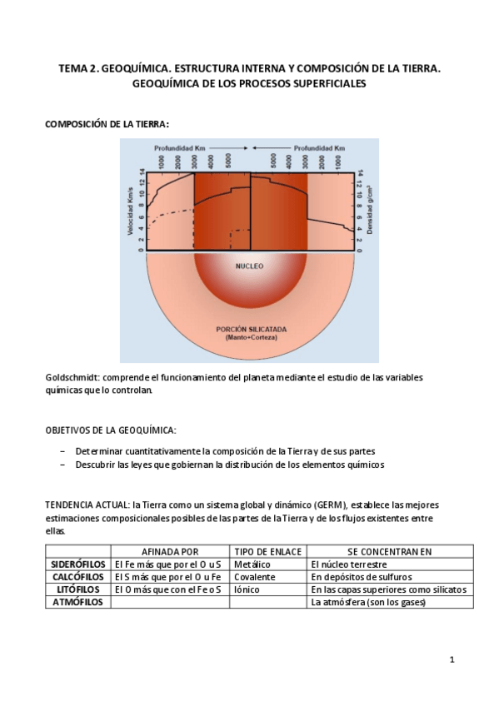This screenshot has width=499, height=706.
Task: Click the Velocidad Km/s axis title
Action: coord(131,211)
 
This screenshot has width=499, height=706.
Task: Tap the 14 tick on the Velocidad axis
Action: coord(142,173)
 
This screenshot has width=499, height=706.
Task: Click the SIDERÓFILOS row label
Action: coord(77,564)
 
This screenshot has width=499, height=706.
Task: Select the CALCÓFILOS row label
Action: coord(77,576)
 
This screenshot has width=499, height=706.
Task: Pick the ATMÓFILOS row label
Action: coord(77,602)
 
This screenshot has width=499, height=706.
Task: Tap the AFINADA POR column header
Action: coord(170,551)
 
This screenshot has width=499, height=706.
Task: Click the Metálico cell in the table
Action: coord(252,564)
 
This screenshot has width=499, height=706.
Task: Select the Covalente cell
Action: coord(255,576)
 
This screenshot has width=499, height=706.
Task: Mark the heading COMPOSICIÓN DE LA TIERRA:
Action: coord(107,123)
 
